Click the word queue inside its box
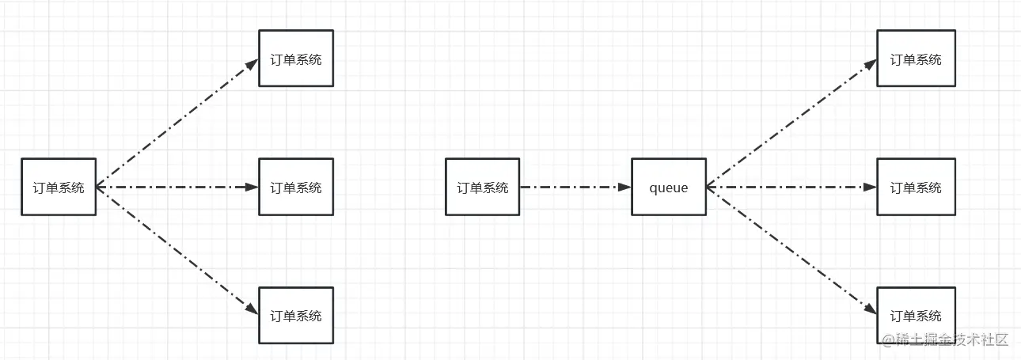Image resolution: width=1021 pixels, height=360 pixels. tap(669, 188)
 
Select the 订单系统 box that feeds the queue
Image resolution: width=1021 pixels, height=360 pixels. tap(483, 187)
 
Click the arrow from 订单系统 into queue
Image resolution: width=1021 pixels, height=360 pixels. tap(574, 188)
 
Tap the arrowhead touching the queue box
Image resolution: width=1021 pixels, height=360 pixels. tap(624, 188)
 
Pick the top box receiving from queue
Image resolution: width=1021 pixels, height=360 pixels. tap(916, 59)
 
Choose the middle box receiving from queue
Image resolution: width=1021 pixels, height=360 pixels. tap(916, 187)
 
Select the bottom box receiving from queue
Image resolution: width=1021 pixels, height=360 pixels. tap(916, 315)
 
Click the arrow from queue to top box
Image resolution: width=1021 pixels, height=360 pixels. tap(791, 123)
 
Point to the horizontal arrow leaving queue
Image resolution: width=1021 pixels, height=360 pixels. tap(791, 188)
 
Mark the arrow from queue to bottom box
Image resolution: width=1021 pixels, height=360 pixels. tap(791, 252)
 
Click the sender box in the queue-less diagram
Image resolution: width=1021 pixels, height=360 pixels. tap(59, 187)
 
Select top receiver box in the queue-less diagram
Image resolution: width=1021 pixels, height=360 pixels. tap(296, 59)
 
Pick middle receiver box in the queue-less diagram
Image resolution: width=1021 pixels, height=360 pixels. tap(296, 187)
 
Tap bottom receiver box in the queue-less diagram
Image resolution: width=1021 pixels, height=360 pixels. tap(296, 315)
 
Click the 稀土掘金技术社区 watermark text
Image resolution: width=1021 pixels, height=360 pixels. tap(946, 339)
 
